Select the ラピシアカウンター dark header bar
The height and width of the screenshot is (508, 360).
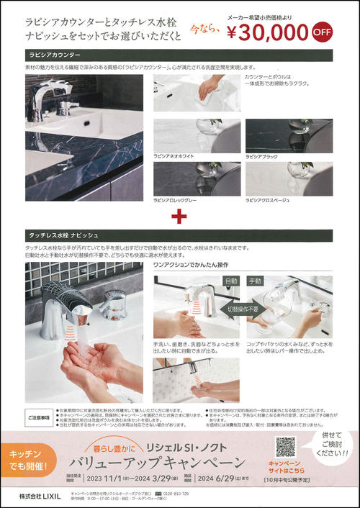[x=179, y=55]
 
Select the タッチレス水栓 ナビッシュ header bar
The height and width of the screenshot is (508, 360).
[x=179, y=236]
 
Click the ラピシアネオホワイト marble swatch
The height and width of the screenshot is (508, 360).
[x=195, y=135]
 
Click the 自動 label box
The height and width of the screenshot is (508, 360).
[x=231, y=281]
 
